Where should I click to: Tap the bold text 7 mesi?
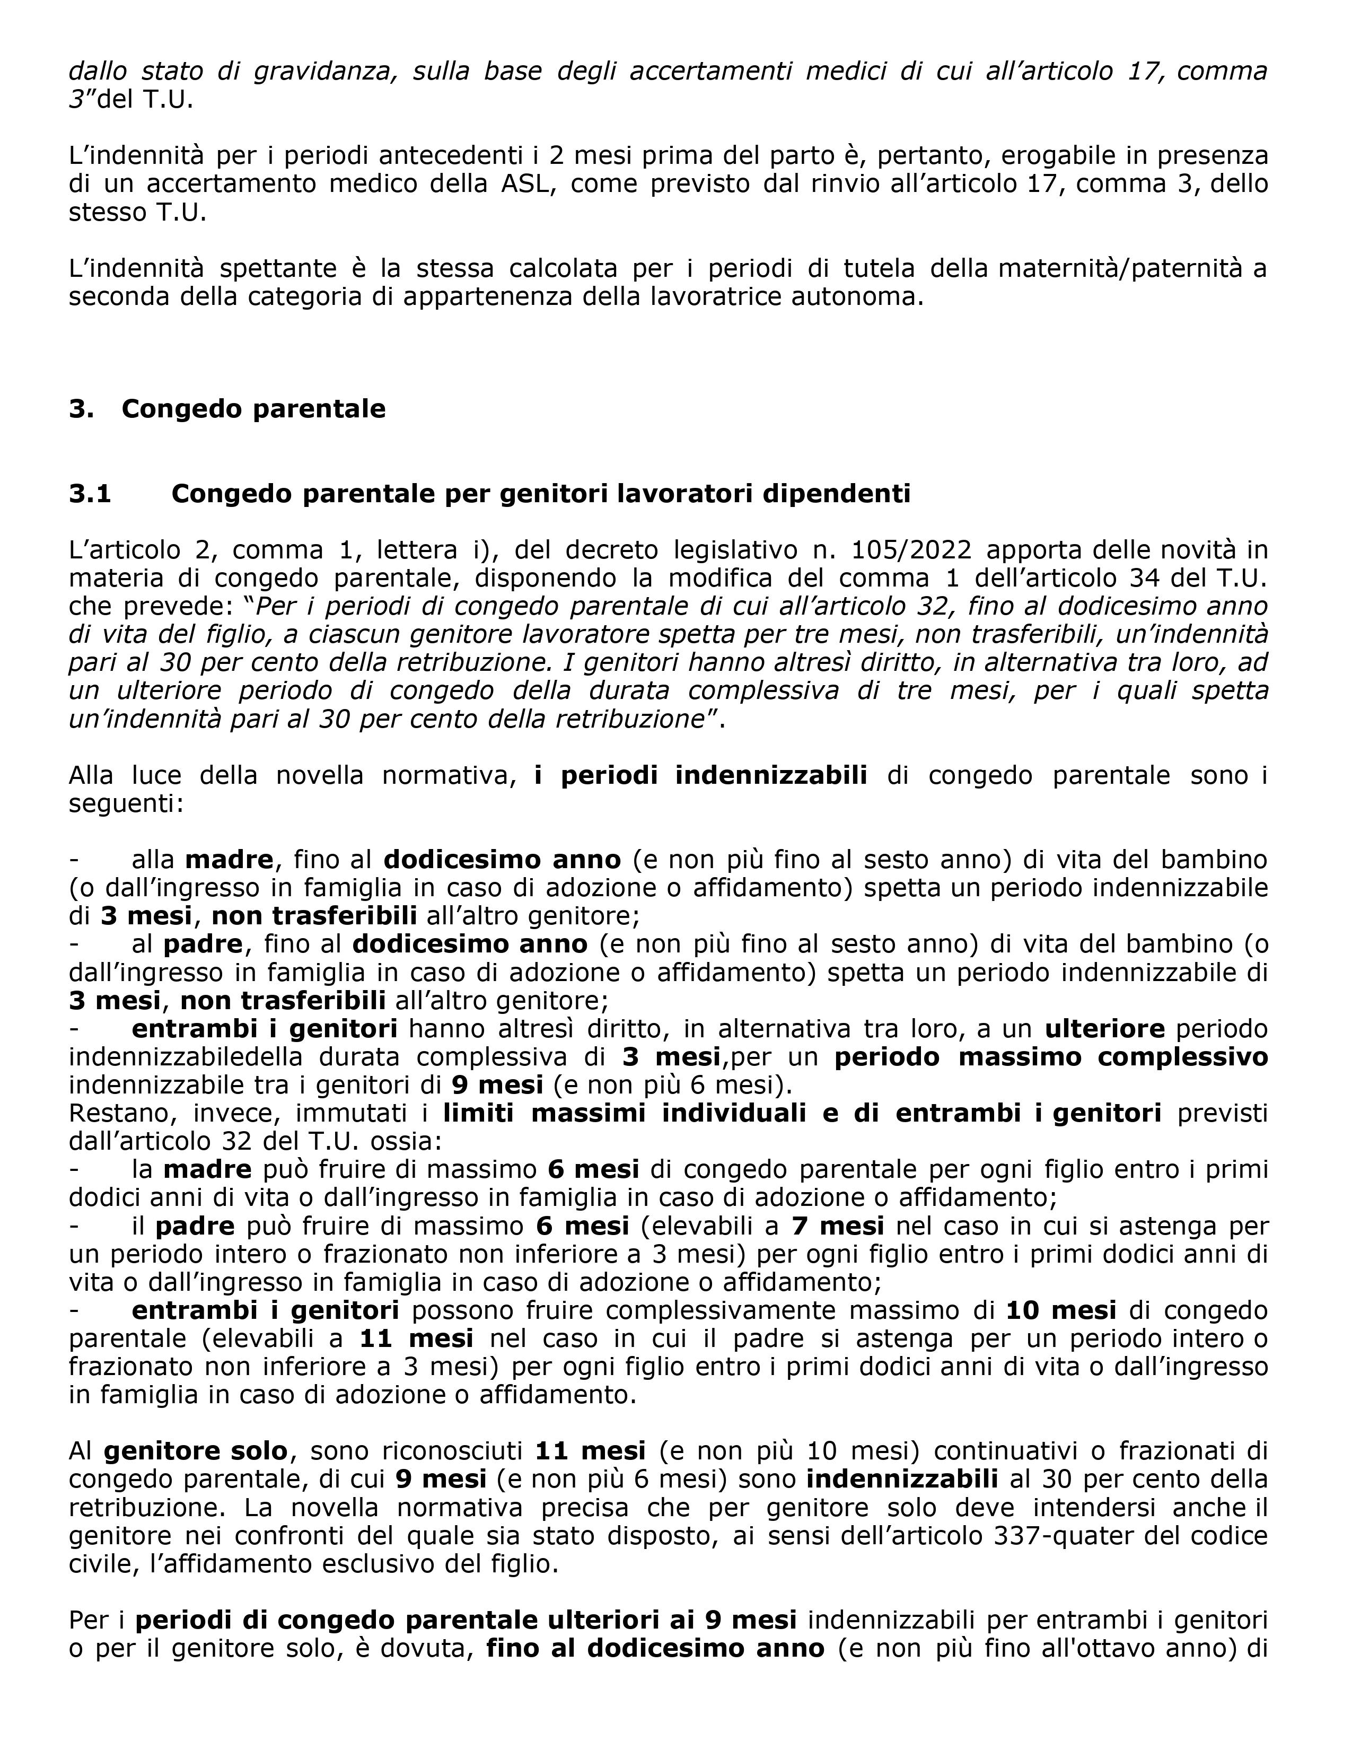click(x=838, y=1226)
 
